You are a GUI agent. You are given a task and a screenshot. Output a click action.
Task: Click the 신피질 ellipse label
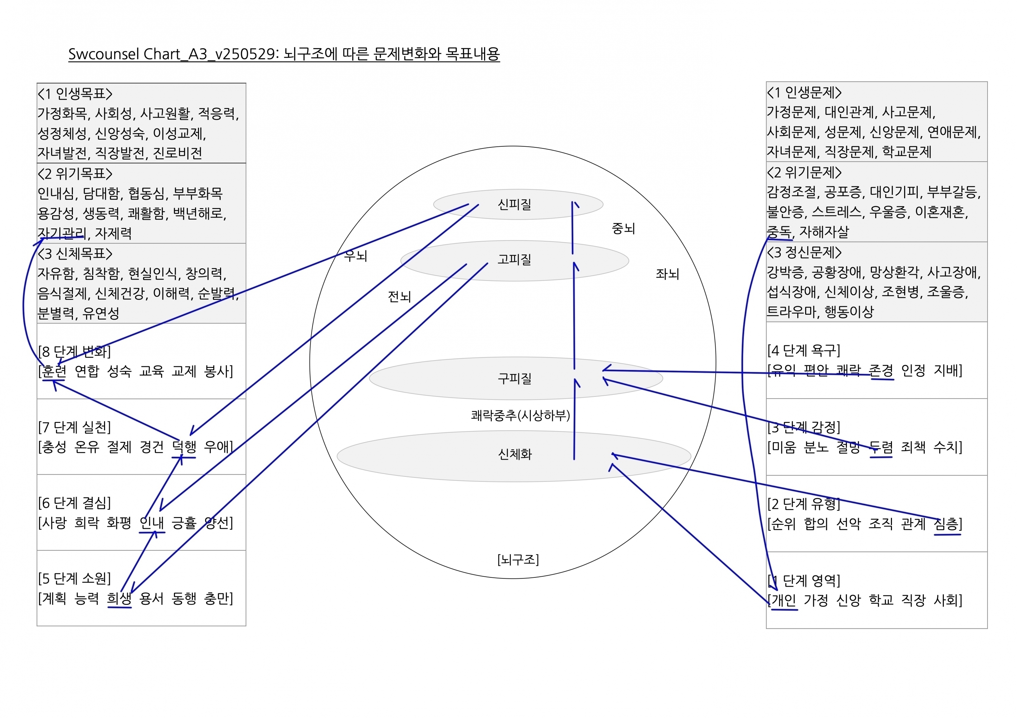514,205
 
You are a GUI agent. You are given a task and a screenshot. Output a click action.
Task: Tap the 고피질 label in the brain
514,260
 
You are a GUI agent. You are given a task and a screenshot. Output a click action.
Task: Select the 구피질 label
514,378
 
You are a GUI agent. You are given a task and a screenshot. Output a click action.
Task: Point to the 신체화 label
515,454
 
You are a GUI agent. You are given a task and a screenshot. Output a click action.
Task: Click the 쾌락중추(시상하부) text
520,415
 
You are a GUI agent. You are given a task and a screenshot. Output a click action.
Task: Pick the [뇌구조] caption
518,560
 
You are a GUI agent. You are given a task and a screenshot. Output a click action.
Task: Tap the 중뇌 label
623,228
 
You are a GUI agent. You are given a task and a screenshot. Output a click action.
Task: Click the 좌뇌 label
667,274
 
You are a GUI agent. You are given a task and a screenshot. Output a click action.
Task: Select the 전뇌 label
400,296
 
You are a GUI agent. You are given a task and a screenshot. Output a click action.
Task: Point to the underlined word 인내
152,523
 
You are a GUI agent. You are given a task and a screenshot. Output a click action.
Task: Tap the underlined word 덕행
184,447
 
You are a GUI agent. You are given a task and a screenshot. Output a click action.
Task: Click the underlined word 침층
946,524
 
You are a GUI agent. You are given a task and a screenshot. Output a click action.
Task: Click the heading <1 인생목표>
75,94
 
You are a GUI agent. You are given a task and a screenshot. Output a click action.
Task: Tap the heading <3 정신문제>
804,252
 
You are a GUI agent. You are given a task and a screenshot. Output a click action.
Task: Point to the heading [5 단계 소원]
75,578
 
